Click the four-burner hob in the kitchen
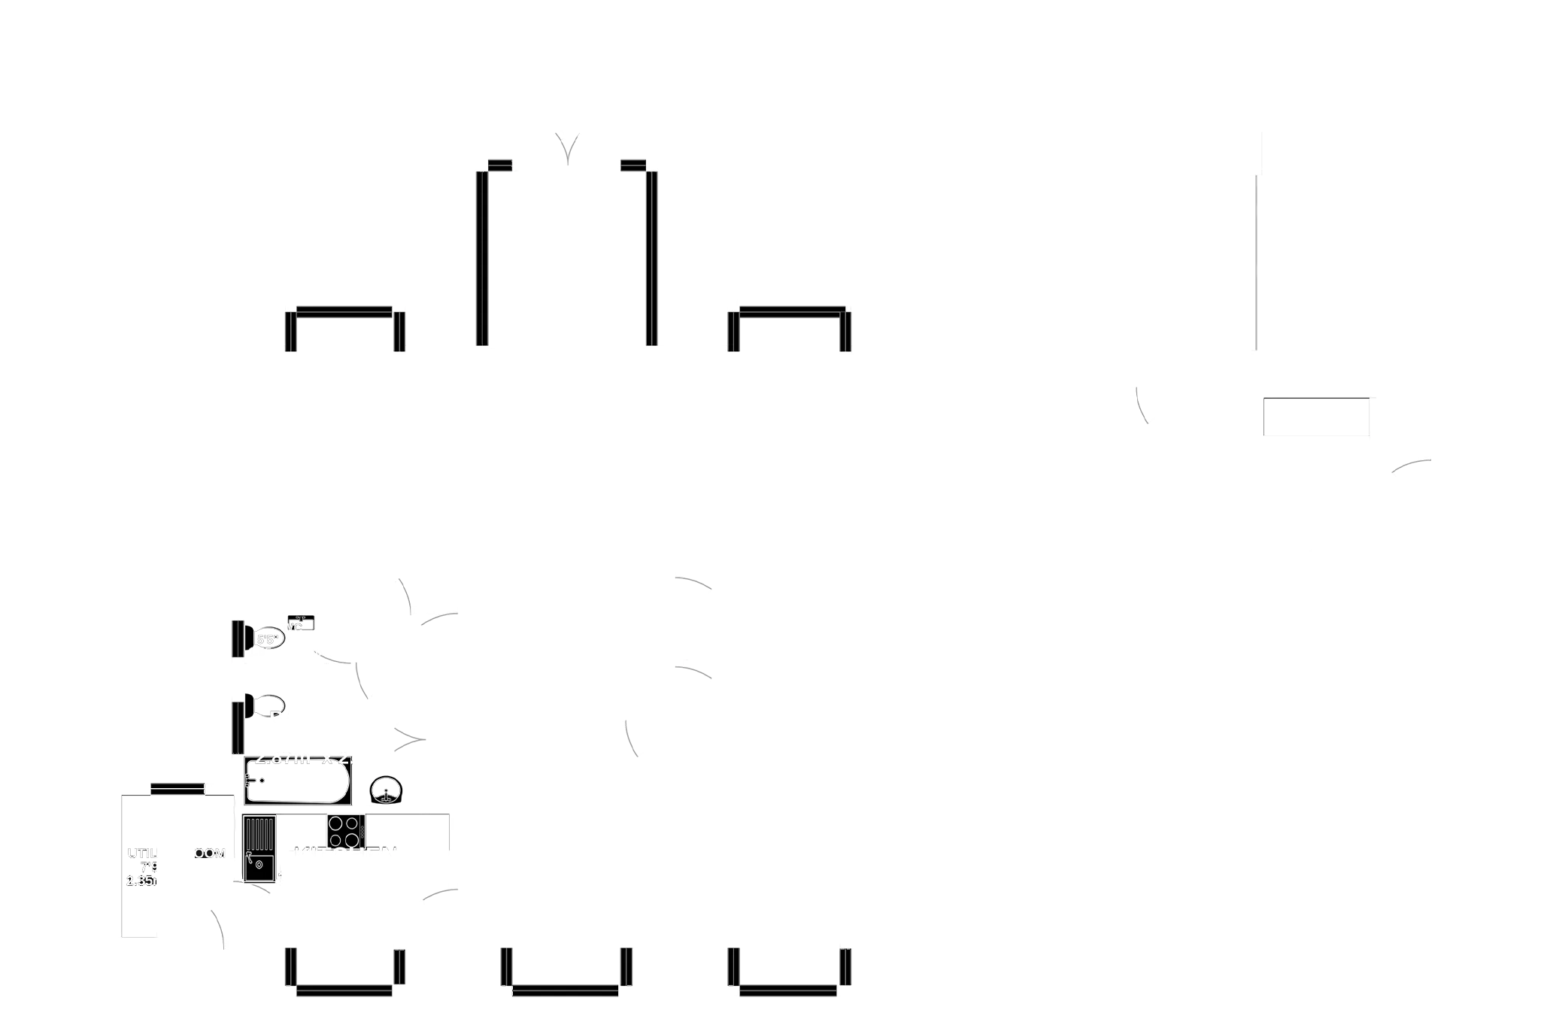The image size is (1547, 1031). click(345, 832)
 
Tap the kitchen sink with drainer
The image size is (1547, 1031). click(259, 848)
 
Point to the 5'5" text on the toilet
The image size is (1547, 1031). click(268, 640)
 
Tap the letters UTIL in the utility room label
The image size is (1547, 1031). click(140, 854)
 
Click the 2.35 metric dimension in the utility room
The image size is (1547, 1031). click(141, 881)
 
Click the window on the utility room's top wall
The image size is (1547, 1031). click(177, 788)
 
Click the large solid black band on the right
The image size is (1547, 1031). click(1403, 340)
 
